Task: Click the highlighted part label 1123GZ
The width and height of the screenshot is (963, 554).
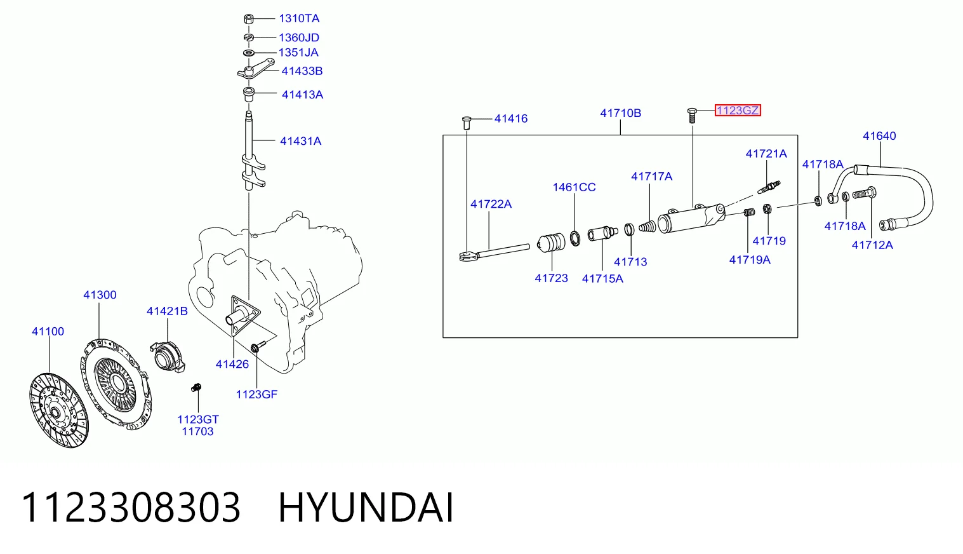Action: pos(737,111)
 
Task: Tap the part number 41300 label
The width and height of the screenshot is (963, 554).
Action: pos(100,295)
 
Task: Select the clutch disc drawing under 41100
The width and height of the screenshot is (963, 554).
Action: pos(59,410)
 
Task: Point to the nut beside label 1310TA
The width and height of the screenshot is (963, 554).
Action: pos(248,19)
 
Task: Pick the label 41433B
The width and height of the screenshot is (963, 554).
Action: pos(302,71)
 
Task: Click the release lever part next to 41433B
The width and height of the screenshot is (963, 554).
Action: pos(256,69)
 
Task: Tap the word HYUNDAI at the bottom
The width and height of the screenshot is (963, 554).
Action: pos(366,508)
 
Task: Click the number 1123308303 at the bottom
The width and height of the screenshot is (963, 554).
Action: pos(131,508)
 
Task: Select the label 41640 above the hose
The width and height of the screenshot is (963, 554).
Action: pos(879,136)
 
